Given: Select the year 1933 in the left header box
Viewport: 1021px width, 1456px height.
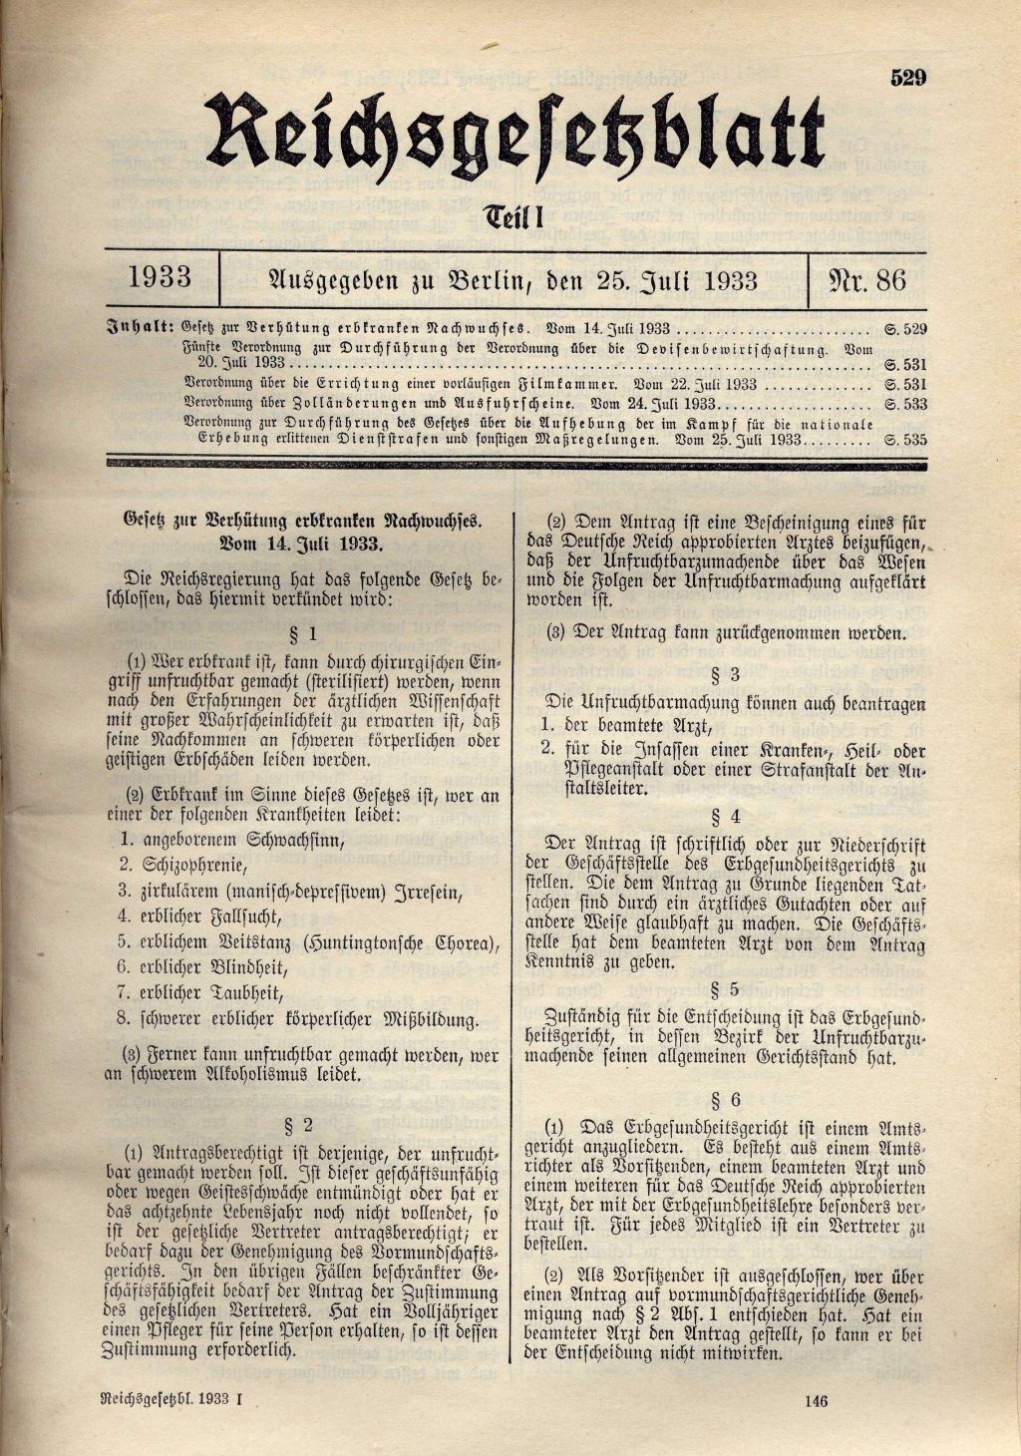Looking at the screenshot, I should [x=161, y=278].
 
